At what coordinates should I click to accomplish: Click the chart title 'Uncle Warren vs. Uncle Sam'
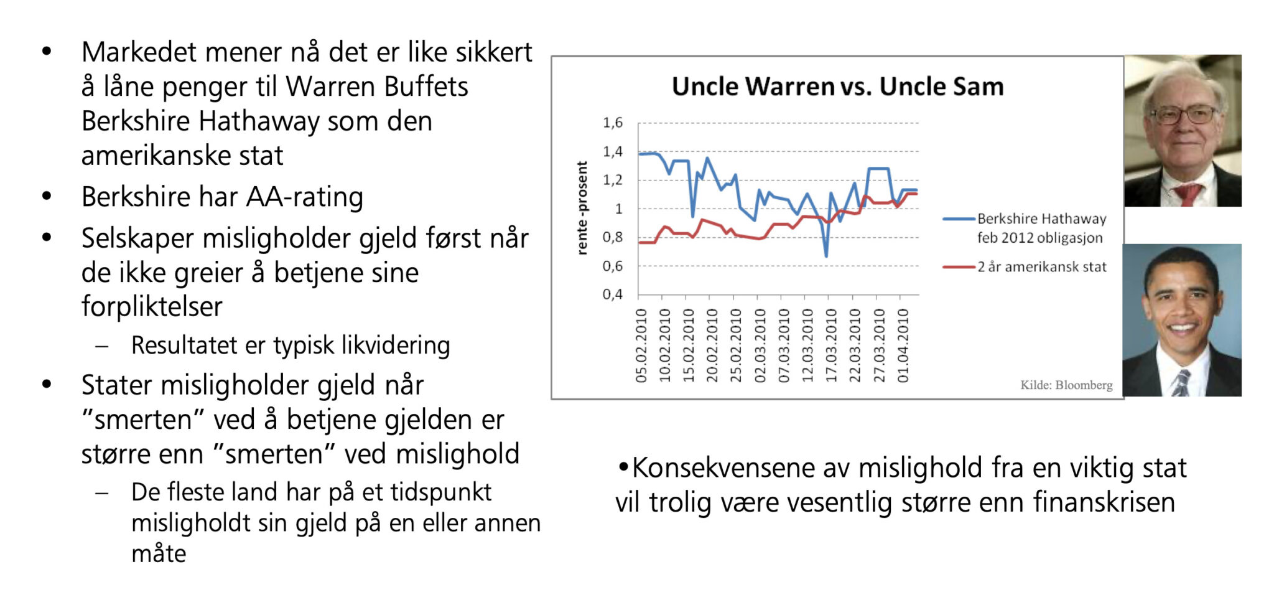837,87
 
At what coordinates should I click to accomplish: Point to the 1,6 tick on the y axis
613,123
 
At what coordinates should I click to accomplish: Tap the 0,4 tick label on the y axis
613,294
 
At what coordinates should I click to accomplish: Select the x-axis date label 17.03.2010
831,345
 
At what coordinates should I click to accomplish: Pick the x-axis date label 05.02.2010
641,345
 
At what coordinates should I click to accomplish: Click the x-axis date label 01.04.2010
903,345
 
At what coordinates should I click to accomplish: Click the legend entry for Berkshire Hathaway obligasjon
1025,228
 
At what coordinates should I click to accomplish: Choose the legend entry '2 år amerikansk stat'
1025,267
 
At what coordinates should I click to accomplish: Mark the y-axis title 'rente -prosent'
582,208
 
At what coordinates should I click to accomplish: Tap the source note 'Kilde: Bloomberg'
1066,385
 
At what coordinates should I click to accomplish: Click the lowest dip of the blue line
826,255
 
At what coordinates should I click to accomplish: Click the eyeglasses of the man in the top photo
1184,115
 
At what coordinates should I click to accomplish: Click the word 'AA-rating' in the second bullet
305,197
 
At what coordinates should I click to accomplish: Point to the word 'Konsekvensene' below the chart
723,468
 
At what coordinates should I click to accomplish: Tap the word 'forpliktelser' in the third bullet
152,306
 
